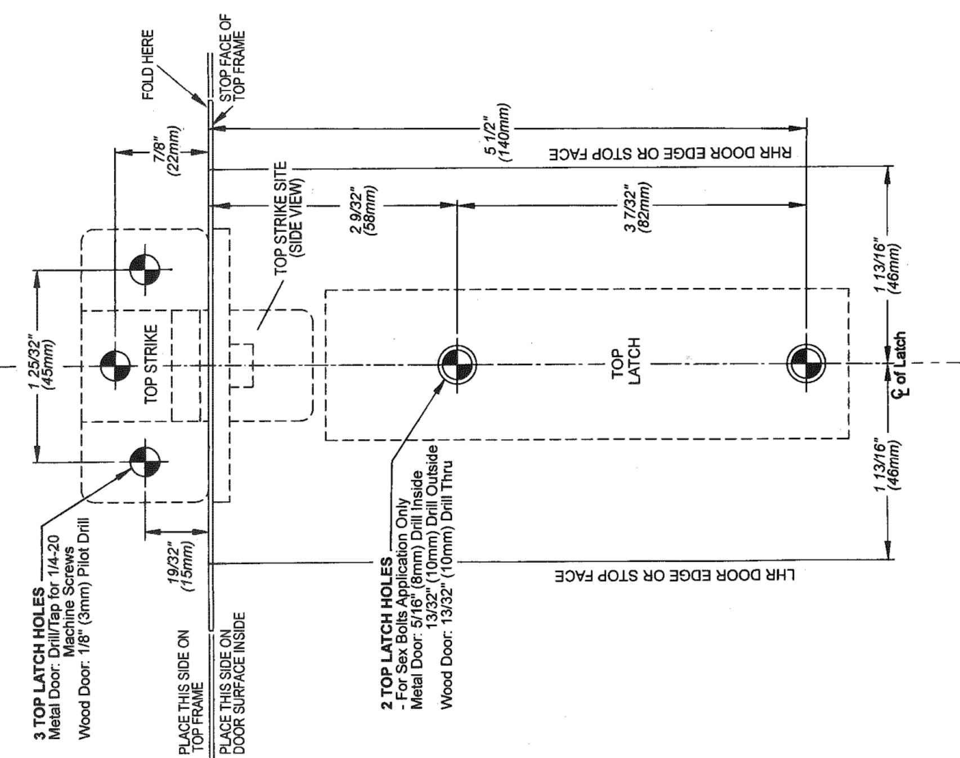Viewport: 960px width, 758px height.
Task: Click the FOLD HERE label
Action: click(147, 65)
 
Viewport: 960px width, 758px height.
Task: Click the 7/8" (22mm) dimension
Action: click(168, 151)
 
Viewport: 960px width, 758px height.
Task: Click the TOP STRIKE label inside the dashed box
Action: click(151, 364)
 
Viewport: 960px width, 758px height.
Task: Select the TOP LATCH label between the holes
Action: click(626, 360)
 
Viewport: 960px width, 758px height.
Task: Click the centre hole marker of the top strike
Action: click(115, 366)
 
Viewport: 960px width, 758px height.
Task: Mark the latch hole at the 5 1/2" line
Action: click(806, 363)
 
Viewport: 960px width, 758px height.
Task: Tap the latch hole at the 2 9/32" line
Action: click(456, 364)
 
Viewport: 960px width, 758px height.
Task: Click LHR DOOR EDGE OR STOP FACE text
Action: click(675, 575)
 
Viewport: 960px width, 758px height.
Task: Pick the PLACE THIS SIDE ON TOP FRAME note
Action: click(190, 692)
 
